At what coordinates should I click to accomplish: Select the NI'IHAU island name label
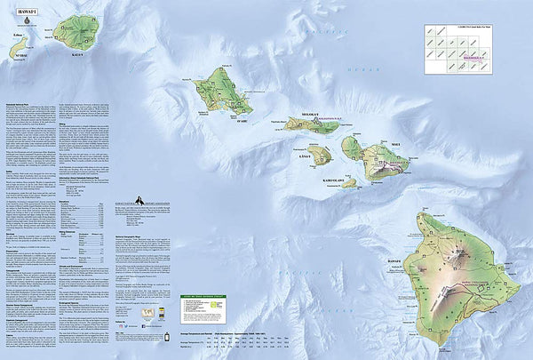coord(22,55)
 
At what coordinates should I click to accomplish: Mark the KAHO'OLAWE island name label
coord(335,180)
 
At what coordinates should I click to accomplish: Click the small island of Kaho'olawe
coord(348,183)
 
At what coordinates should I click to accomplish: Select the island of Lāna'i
coord(320,156)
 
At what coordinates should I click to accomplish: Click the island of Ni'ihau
coord(20,44)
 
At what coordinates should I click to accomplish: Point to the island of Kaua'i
coord(75,31)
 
